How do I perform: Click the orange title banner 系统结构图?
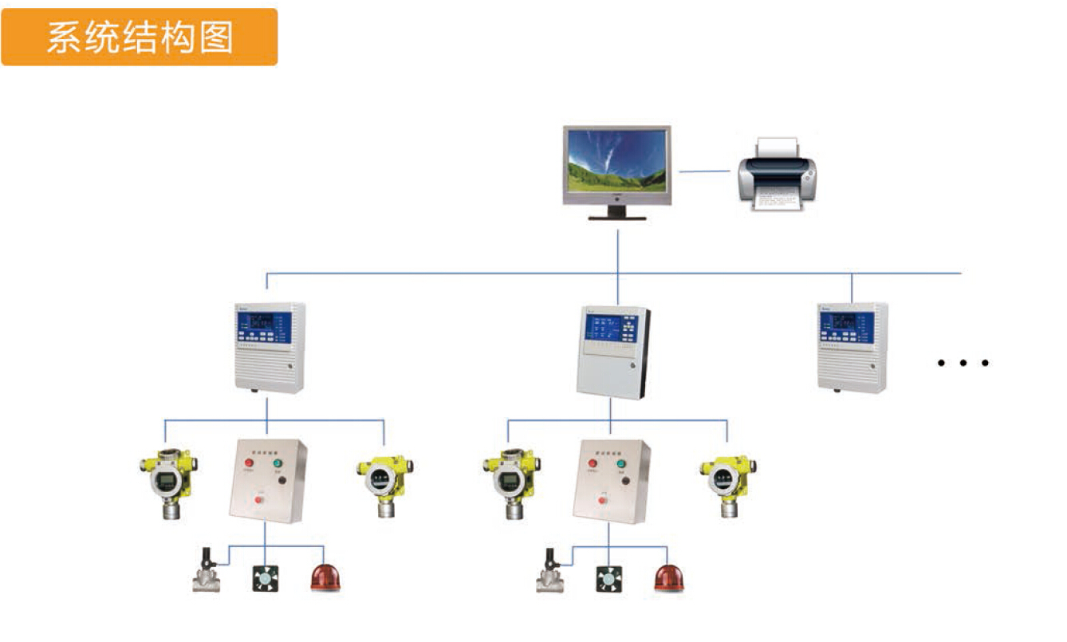coord(140,37)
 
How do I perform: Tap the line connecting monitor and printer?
coord(704,171)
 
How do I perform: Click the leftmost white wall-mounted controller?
coord(270,347)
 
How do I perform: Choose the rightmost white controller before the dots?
coord(852,347)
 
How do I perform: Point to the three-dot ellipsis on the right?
coord(963,363)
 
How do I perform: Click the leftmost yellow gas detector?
coord(167,481)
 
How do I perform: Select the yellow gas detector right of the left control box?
coord(384,483)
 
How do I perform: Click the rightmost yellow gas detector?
coord(727,483)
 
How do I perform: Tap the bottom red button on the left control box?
coord(258,500)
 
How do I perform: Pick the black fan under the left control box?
coord(266,577)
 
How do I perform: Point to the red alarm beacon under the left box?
coord(325,577)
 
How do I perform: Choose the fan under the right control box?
coord(608,577)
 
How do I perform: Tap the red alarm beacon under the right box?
coord(669,577)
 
